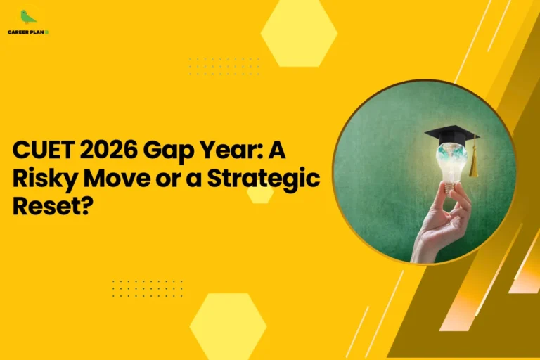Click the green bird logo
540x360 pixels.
(27, 18)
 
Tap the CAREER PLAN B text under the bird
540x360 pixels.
(28, 32)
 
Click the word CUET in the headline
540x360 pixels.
(40, 151)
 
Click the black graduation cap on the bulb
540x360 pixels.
(451, 134)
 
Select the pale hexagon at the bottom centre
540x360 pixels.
(228, 326)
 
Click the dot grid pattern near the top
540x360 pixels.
(224, 67)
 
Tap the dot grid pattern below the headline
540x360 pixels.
(147, 288)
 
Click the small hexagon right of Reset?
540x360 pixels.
(260, 194)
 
